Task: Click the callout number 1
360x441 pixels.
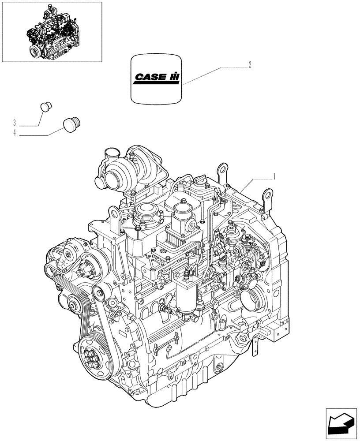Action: click(274, 176)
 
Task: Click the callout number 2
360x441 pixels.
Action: click(250, 65)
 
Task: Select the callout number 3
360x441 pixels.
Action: click(15, 122)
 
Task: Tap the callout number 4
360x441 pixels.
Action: click(15, 133)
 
